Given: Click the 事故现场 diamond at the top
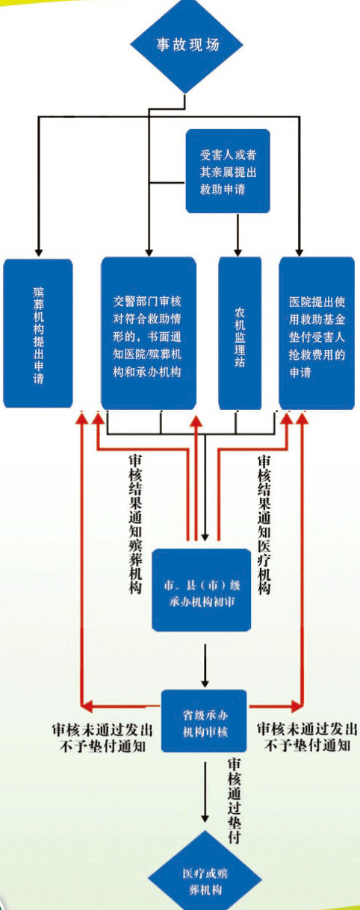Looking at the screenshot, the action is tap(187, 46).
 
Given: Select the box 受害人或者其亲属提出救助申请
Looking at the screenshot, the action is tap(228, 171).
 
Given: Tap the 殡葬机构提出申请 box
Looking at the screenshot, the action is tap(38, 333).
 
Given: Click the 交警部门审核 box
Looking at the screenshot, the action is tap(149, 333).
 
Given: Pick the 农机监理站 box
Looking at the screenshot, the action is tap(240, 333).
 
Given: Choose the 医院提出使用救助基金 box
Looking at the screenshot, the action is tap(317, 333).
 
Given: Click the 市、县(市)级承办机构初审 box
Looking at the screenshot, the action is tap(202, 590).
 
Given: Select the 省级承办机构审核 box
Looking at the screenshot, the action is tap(205, 720).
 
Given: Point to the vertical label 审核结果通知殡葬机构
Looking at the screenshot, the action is tap(136, 523).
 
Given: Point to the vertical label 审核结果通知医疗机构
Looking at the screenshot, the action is tap(264, 525).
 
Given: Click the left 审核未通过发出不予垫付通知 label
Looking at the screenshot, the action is tap(102, 738).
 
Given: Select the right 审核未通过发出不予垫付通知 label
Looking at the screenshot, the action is tap(307, 738).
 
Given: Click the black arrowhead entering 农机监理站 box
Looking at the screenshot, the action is tap(238, 250).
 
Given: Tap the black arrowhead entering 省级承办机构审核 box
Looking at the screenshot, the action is tap(205, 682).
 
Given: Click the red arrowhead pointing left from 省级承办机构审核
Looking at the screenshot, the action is tap(88, 706).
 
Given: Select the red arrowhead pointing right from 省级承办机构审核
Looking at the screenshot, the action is tap(297, 706).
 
